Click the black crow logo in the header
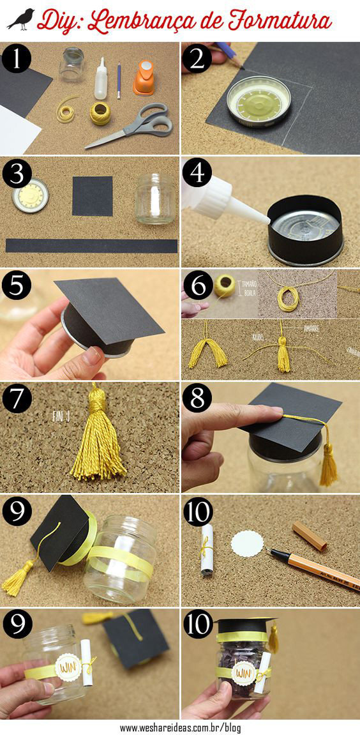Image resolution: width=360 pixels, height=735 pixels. click(20, 19)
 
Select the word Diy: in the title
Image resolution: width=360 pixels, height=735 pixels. click(60, 21)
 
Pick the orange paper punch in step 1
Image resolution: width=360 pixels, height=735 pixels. click(145, 77)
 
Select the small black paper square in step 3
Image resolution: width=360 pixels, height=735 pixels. click(92, 195)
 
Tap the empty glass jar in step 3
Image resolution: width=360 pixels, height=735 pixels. click(155, 199)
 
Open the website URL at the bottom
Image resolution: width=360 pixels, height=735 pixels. click(180, 727)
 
